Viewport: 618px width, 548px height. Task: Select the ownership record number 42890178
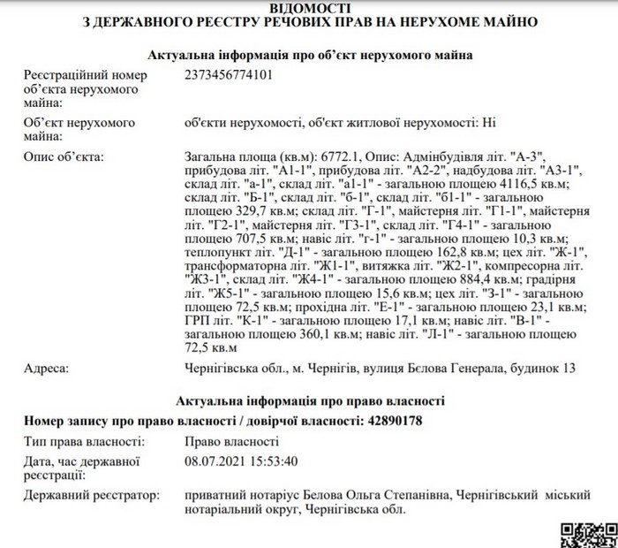point(392,421)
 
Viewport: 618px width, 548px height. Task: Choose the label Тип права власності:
point(82,441)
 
